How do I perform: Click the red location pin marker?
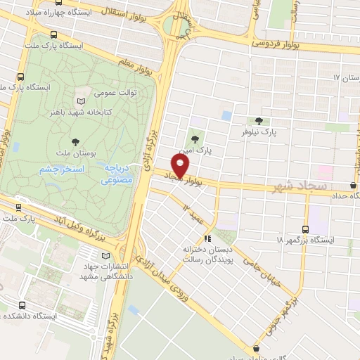pos(181,166)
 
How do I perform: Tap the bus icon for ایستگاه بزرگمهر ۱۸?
pos(305,229)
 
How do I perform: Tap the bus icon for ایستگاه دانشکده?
pos(21,306)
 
